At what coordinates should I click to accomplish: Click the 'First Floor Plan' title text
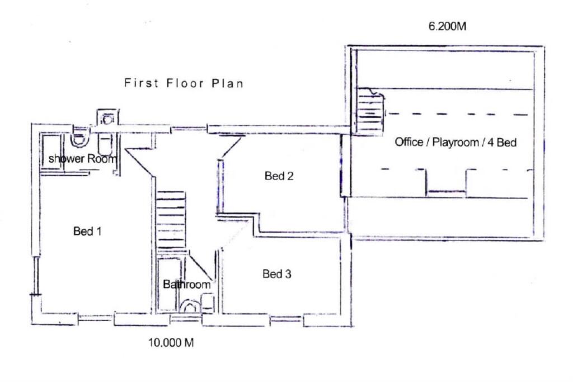pyautogui.click(x=184, y=84)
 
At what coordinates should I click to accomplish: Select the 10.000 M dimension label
pyautogui.click(x=171, y=343)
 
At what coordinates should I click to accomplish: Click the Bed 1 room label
pyautogui.click(x=87, y=231)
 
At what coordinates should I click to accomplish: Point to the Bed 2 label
pyautogui.click(x=279, y=176)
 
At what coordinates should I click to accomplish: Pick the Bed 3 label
pyautogui.click(x=277, y=274)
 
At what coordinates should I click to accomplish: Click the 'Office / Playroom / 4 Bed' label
pyautogui.click(x=455, y=142)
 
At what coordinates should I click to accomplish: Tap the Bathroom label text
pyautogui.click(x=187, y=285)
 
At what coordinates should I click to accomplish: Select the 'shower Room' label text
pyautogui.click(x=83, y=159)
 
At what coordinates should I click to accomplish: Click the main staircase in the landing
pyautogui.click(x=170, y=220)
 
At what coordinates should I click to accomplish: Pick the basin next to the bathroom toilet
pyautogui.click(x=207, y=302)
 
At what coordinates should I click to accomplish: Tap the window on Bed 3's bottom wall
pyautogui.click(x=286, y=322)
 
